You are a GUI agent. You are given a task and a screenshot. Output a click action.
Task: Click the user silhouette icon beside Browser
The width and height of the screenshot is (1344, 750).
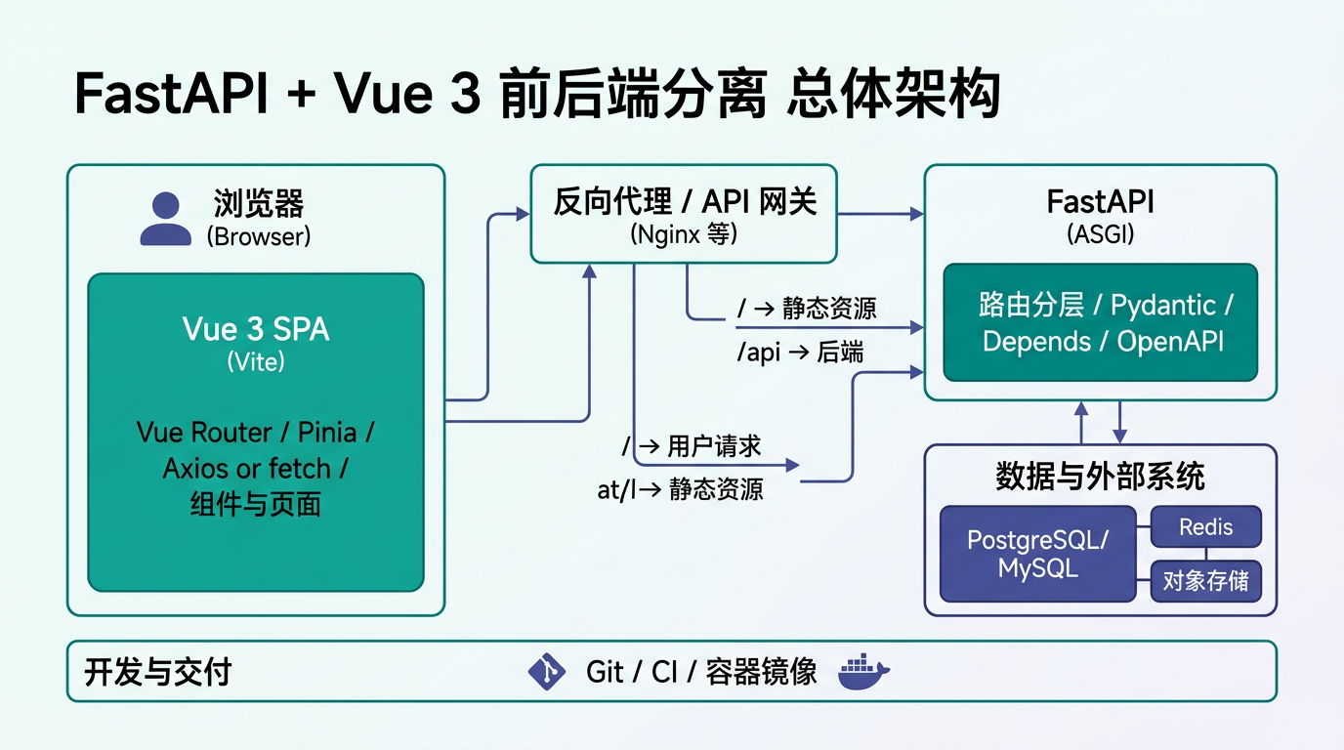(x=166, y=219)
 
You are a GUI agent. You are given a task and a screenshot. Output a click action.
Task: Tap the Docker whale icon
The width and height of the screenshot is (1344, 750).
(x=864, y=672)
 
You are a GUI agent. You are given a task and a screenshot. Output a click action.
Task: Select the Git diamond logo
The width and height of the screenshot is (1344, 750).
(x=547, y=672)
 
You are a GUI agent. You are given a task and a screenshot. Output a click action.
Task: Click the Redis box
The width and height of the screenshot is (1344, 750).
(x=1206, y=527)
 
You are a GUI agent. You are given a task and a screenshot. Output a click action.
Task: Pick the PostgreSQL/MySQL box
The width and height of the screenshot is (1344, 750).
(x=1038, y=554)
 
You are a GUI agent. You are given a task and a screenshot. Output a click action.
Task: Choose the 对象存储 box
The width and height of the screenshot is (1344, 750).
(x=1206, y=581)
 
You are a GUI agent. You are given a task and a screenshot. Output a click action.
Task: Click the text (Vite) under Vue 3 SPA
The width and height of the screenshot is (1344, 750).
(x=256, y=362)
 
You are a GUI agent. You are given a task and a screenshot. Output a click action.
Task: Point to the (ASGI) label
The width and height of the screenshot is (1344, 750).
(x=1100, y=234)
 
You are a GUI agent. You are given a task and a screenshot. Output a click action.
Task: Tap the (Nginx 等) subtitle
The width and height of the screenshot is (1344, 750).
(x=684, y=234)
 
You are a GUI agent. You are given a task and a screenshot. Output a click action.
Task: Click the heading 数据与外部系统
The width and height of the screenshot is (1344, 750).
(x=1100, y=477)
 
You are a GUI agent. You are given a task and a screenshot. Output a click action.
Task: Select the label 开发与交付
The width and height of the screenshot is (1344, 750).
(x=158, y=672)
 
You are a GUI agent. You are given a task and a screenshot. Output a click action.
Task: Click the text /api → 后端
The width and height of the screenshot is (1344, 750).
(x=800, y=353)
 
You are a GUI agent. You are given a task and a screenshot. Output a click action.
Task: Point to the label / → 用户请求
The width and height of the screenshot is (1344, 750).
(x=693, y=447)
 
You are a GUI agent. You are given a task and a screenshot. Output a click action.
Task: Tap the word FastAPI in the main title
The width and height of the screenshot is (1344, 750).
(x=171, y=97)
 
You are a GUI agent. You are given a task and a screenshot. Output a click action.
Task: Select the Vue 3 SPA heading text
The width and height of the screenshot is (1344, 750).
(x=256, y=329)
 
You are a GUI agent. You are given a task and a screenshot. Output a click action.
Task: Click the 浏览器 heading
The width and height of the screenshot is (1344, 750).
(x=259, y=204)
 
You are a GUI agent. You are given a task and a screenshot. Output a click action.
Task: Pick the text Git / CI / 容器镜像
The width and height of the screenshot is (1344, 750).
(x=701, y=672)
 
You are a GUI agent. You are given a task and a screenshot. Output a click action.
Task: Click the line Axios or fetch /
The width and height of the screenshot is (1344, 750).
(x=256, y=469)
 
